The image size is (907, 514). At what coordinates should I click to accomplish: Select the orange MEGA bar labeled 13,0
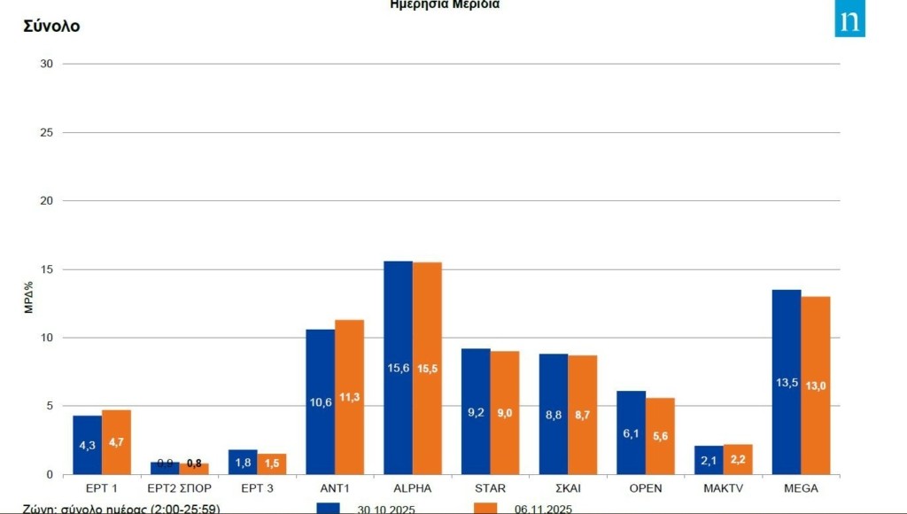click(x=816, y=385)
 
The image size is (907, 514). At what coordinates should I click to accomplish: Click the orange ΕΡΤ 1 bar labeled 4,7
click(x=116, y=442)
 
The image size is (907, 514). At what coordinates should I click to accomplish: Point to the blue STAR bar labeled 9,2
click(x=476, y=411)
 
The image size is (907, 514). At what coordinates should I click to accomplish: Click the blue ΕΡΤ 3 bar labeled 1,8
click(x=243, y=462)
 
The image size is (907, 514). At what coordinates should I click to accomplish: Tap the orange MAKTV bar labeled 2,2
click(x=738, y=459)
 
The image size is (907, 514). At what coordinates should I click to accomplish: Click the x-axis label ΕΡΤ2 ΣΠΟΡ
click(x=180, y=487)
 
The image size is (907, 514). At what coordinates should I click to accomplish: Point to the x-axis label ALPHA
click(x=413, y=487)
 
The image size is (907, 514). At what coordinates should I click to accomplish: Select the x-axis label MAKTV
click(x=723, y=487)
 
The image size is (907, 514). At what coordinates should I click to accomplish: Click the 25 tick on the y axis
click(x=47, y=132)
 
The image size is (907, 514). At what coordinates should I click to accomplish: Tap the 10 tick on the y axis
click(x=47, y=338)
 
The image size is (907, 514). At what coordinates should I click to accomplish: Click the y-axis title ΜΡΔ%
click(x=29, y=297)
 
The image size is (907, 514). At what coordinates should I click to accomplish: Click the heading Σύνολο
click(x=51, y=27)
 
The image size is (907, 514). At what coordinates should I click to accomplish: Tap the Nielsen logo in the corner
click(x=849, y=19)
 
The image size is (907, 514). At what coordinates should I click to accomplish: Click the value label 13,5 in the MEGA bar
click(x=787, y=383)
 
